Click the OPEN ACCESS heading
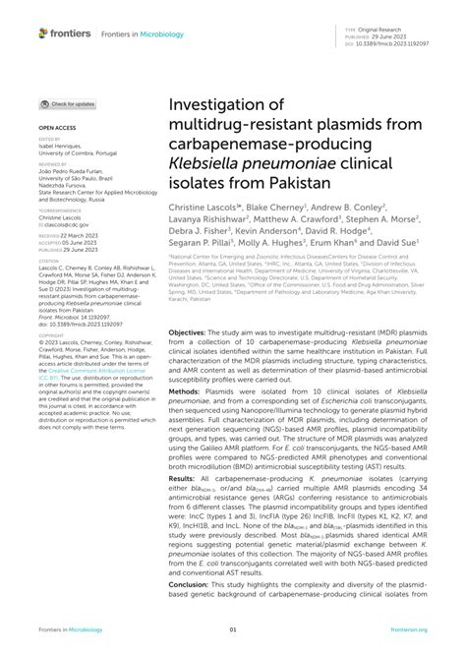58,129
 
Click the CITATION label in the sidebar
49,262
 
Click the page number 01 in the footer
233,629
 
